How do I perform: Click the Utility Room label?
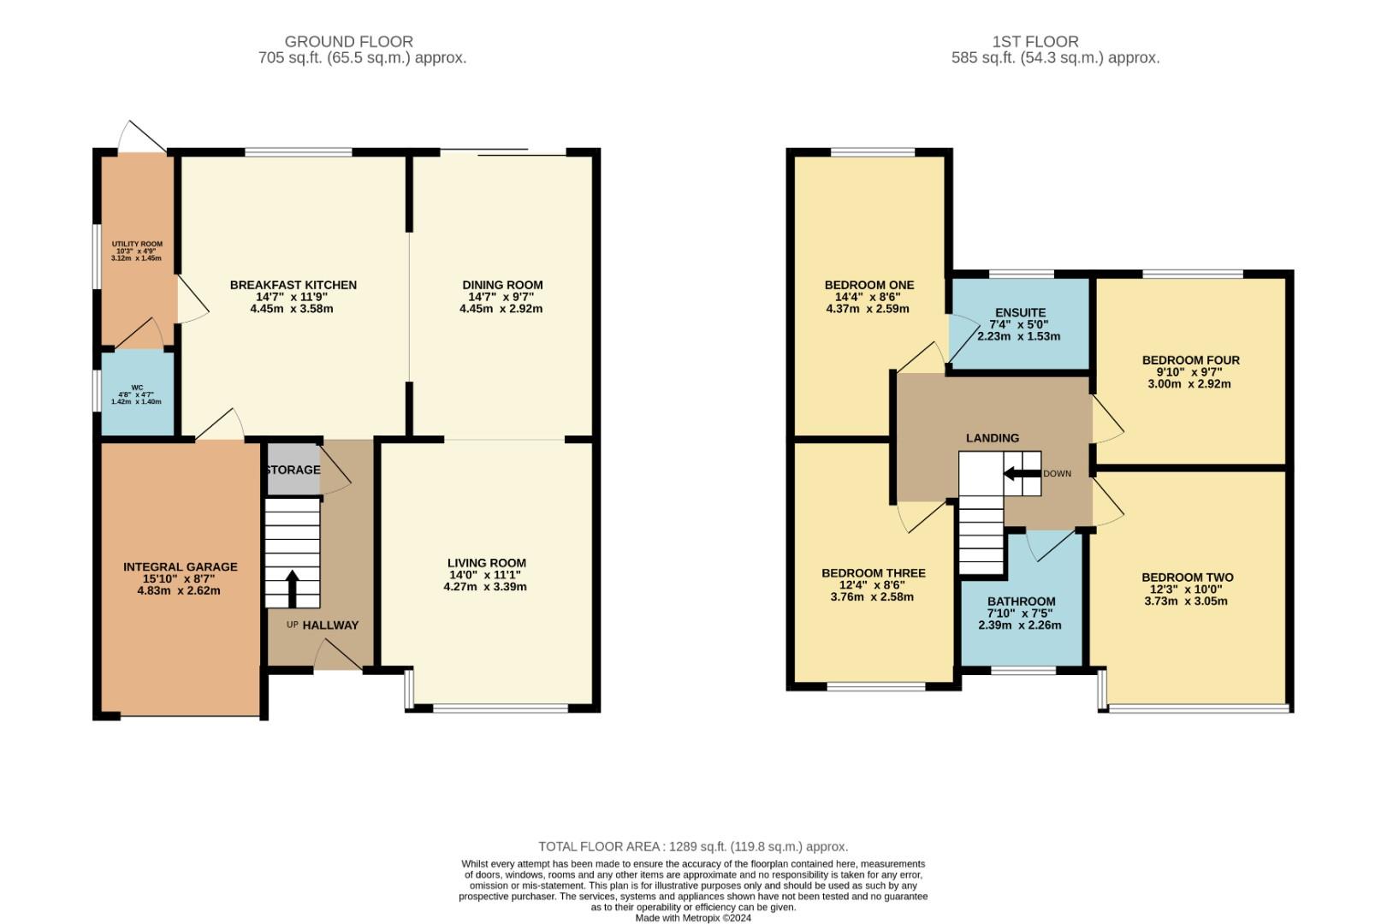[x=137, y=244]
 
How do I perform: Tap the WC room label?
[x=137, y=388]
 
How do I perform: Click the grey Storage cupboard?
[x=293, y=470]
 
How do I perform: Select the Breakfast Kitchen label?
[x=293, y=285]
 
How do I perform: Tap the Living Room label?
[x=486, y=563]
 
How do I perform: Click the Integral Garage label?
[x=180, y=566]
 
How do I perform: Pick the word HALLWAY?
[x=330, y=625]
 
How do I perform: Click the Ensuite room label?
[x=1020, y=312]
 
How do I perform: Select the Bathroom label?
[x=1021, y=601]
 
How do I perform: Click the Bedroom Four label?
[x=1190, y=360]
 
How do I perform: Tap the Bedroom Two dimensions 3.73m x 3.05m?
[x=1186, y=601]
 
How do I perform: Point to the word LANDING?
[x=992, y=438]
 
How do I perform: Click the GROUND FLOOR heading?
[x=348, y=41]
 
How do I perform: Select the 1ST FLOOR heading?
[x=1034, y=41]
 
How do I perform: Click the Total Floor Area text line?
[x=693, y=847]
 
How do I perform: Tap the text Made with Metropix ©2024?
[x=693, y=918]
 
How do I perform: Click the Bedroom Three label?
[x=873, y=573]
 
